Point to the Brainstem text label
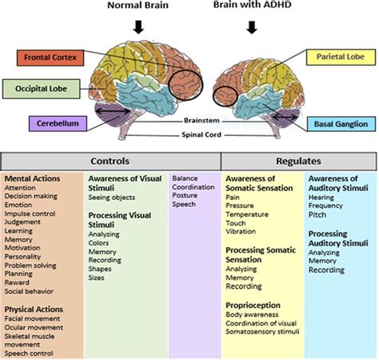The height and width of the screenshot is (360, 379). [x=200, y=119]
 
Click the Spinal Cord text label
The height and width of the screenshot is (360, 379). [x=200, y=134]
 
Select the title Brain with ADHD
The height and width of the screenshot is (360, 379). [x=253, y=6]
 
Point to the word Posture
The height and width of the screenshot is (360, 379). [x=186, y=196]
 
